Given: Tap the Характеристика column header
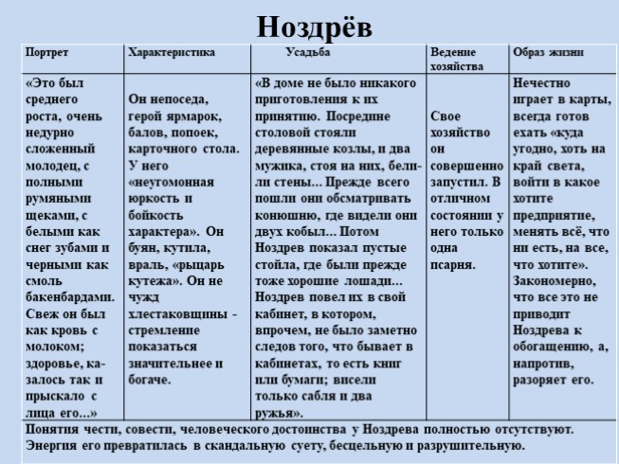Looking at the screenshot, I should click(172, 53).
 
